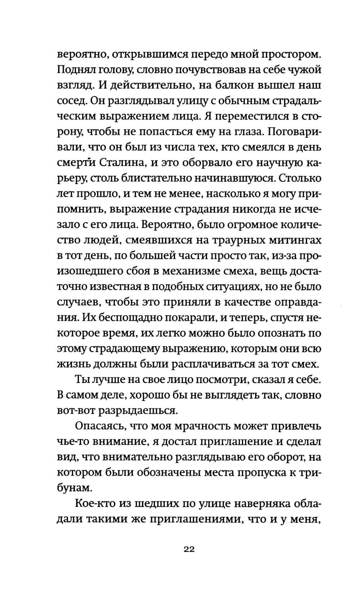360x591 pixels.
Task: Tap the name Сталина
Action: pos(121,163)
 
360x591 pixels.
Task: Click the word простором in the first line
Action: pos(289,55)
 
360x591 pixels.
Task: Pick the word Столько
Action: pos(300,178)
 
